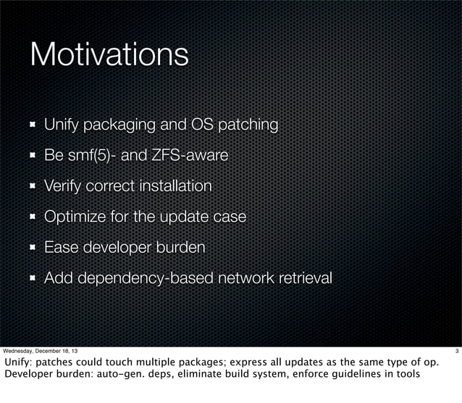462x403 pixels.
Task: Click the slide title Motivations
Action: click(109, 54)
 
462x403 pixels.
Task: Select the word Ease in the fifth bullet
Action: click(60, 247)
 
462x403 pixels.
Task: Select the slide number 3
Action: click(456, 352)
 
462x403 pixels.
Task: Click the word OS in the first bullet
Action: click(201, 125)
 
